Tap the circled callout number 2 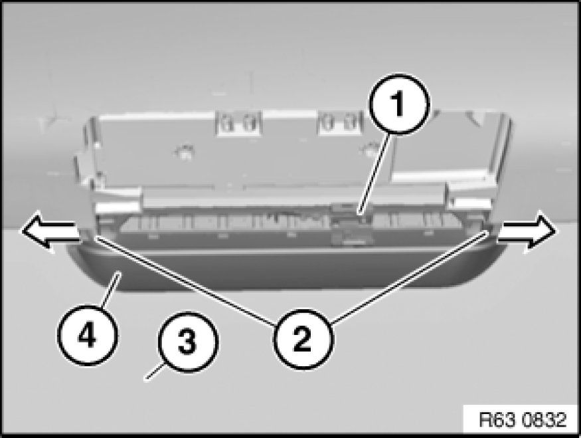(x=303, y=339)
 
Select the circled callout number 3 (x=188, y=342)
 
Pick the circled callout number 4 (x=87, y=335)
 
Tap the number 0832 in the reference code (x=544, y=420)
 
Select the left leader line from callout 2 (x=186, y=280)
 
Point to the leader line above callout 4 (x=110, y=290)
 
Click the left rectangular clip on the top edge (x=238, y=124)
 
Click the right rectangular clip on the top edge (x=340, y=123)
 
